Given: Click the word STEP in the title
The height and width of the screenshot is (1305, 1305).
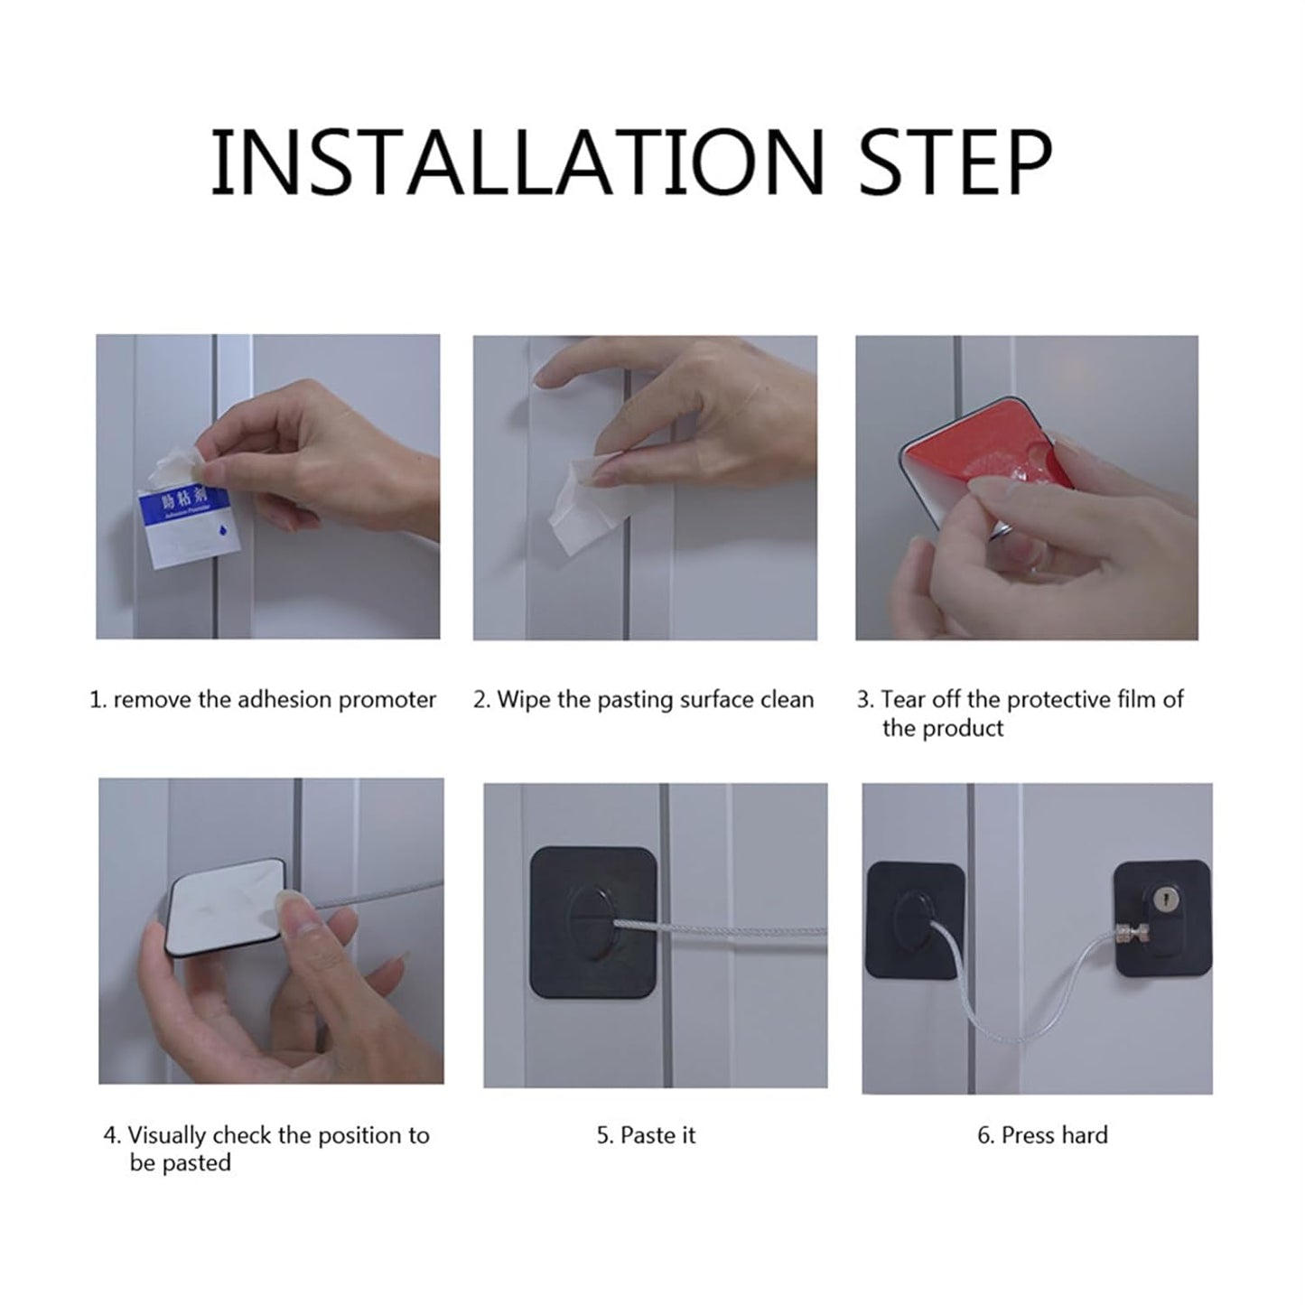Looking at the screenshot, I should point(955,163).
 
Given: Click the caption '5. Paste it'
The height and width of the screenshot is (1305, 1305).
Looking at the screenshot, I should point(646,1135).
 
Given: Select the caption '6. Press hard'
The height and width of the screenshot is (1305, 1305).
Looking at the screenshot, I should point(1042,1135).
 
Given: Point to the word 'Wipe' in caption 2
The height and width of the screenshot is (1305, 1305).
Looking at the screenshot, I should point(524,700).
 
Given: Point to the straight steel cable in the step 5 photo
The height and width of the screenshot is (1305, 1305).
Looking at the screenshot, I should point(741,931).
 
